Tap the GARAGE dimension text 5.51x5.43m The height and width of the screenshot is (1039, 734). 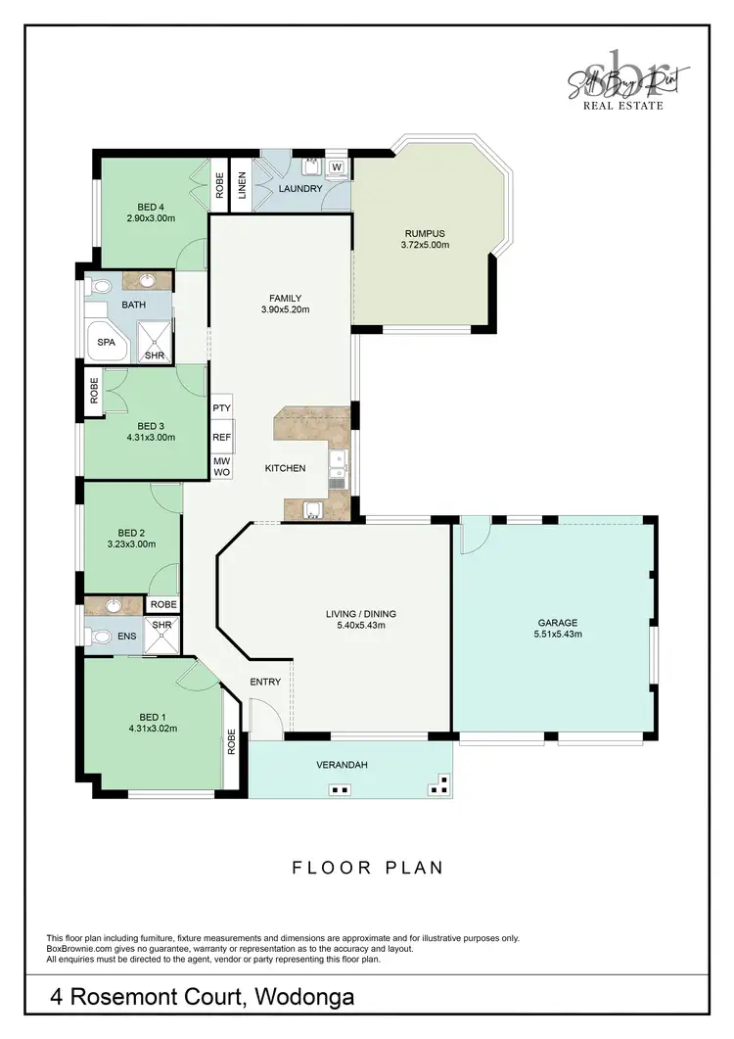557,635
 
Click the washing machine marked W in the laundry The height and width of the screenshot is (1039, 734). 336,167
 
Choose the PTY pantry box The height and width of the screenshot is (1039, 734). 221,407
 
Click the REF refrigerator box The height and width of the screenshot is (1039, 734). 221,438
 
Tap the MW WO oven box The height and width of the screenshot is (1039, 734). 221,466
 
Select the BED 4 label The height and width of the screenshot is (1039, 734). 150,206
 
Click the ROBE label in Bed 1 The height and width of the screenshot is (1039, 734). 232,741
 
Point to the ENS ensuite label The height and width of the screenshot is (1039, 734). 127,637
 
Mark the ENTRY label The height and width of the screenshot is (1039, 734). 265,682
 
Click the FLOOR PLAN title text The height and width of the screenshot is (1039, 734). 368,868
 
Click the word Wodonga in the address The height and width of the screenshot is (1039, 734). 305,998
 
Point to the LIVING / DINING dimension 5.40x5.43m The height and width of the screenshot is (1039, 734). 361,627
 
